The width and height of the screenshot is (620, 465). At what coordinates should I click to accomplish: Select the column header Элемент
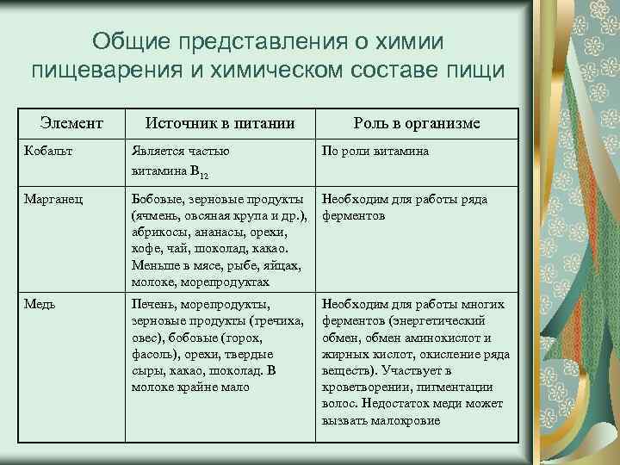[x=73, y=124]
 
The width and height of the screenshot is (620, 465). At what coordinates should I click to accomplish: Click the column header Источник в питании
[x=220, y=124]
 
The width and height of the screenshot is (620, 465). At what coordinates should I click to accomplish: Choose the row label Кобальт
[x=47, y=152]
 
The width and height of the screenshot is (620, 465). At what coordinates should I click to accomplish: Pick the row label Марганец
[x=53, y=200]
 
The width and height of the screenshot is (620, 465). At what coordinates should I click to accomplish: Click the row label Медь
[x=40, y=304]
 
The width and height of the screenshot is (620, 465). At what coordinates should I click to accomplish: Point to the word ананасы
[x=217, y=232]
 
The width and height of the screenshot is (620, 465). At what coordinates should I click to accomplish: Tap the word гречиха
[x=276, y=321]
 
